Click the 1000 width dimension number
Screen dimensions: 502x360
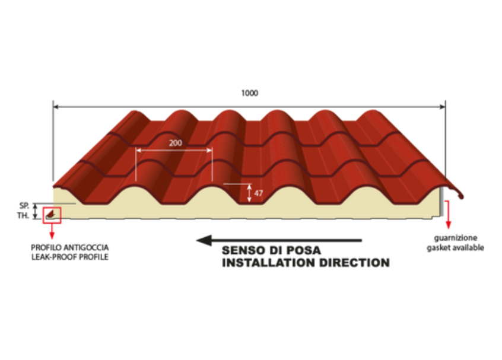tap(249, 93)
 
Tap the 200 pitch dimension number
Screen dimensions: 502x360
tap(176, 143)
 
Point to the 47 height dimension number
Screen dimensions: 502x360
tap(258, 193)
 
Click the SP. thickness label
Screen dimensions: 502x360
tap(24, 205)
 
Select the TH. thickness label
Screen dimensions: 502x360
tap(23, 216)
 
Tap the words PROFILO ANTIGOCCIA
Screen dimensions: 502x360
tap(70, 247)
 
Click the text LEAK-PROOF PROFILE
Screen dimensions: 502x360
tap(70, 257)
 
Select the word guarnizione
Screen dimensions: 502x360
tap(456, 238)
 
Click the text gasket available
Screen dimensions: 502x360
tap(455, 248)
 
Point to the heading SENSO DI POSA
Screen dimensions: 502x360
tap(271, 250)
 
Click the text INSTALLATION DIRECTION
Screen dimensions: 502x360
tap(306, 263)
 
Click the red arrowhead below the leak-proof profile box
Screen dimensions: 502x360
tap(52, 235)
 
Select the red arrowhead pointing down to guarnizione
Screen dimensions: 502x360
tap(448, 225)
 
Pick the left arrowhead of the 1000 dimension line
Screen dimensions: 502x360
tap(56, 107)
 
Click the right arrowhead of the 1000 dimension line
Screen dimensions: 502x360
tap(443, 107)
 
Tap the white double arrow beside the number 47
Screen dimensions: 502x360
tap(249, 193)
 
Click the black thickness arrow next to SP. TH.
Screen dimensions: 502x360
tap(36, 211)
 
